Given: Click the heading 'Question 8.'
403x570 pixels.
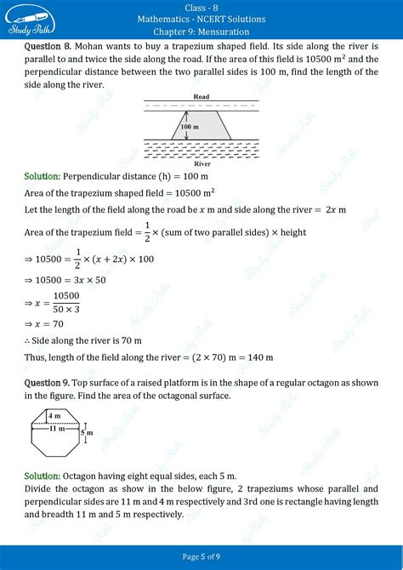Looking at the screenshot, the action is tap(48, 44).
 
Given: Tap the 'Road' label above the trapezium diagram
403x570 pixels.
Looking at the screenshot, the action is tap(201, 97).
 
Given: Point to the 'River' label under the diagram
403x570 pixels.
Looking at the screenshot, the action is tap(201, 162).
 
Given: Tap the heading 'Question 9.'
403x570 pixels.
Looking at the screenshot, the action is tap(48, 384).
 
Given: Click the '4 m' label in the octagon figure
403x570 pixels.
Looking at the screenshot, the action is tap(54, 415).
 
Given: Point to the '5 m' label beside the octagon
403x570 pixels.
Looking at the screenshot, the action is tap(86, 433).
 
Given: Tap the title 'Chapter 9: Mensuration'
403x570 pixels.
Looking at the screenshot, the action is tap(201, 31).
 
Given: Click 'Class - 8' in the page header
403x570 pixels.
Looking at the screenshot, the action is tap(201, 8).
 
